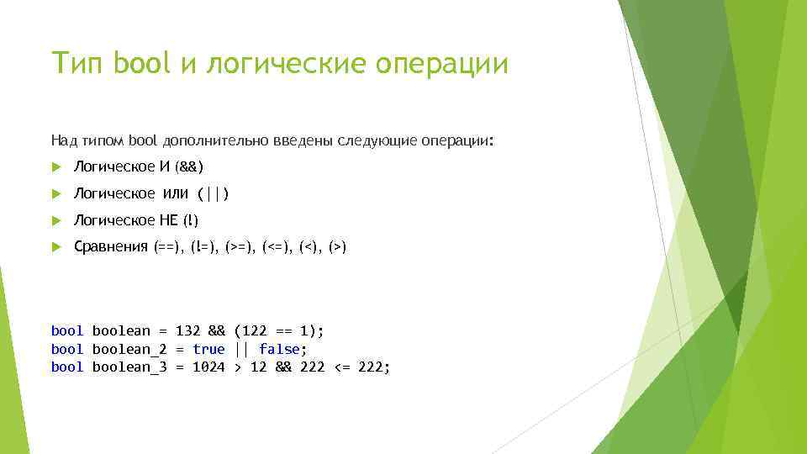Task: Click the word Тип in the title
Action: click(x=77, y=64)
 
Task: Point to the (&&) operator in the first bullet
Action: click(x=189, y=167)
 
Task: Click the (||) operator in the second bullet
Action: click(x=213, y=194)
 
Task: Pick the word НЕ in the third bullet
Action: click(x=166, y=220)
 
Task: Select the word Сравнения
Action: click(x=111, y=247)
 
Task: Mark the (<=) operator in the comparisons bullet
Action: click(x=277, y=247)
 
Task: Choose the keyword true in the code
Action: click(x=208, y=349)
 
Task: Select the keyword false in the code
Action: click(x=279, y=349)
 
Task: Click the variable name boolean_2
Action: click(x=129, y=349)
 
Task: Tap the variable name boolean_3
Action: click(x=129, y=367)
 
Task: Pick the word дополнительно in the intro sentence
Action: click(x=206, y=140)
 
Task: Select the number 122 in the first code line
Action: click(x=254, y=331)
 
